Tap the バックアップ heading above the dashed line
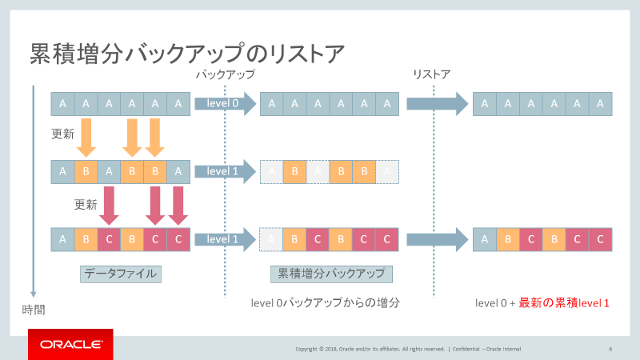click(225, 74)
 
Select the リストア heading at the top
click(431, 74)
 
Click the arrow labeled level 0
click(223, 103)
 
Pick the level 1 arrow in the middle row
click(223, 170)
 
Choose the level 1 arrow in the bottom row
click(223, 238)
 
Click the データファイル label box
click(121, 274)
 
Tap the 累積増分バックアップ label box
click(330, 274)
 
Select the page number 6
click(610, 349)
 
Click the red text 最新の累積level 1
click(564, 302)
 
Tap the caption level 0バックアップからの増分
click(325, 302)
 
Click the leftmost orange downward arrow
click(86, 138)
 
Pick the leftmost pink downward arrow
click(110, 206)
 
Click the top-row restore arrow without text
click(436, 103)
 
